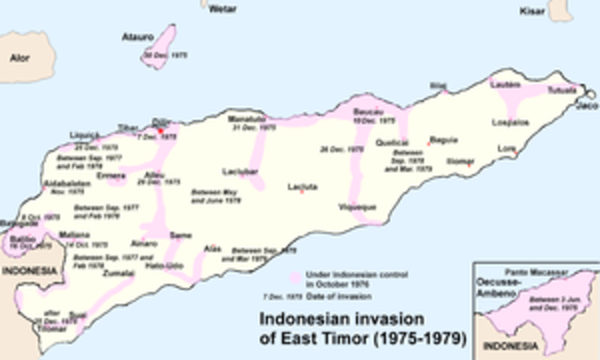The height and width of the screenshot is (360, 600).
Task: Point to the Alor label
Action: pos(19,57)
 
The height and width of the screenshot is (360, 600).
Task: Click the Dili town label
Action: pos(160,123)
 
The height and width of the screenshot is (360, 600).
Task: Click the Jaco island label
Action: pos(587,108)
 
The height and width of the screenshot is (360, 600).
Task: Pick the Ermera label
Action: pos(111,175)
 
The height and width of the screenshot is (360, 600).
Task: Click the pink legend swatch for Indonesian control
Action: pos(294,278)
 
